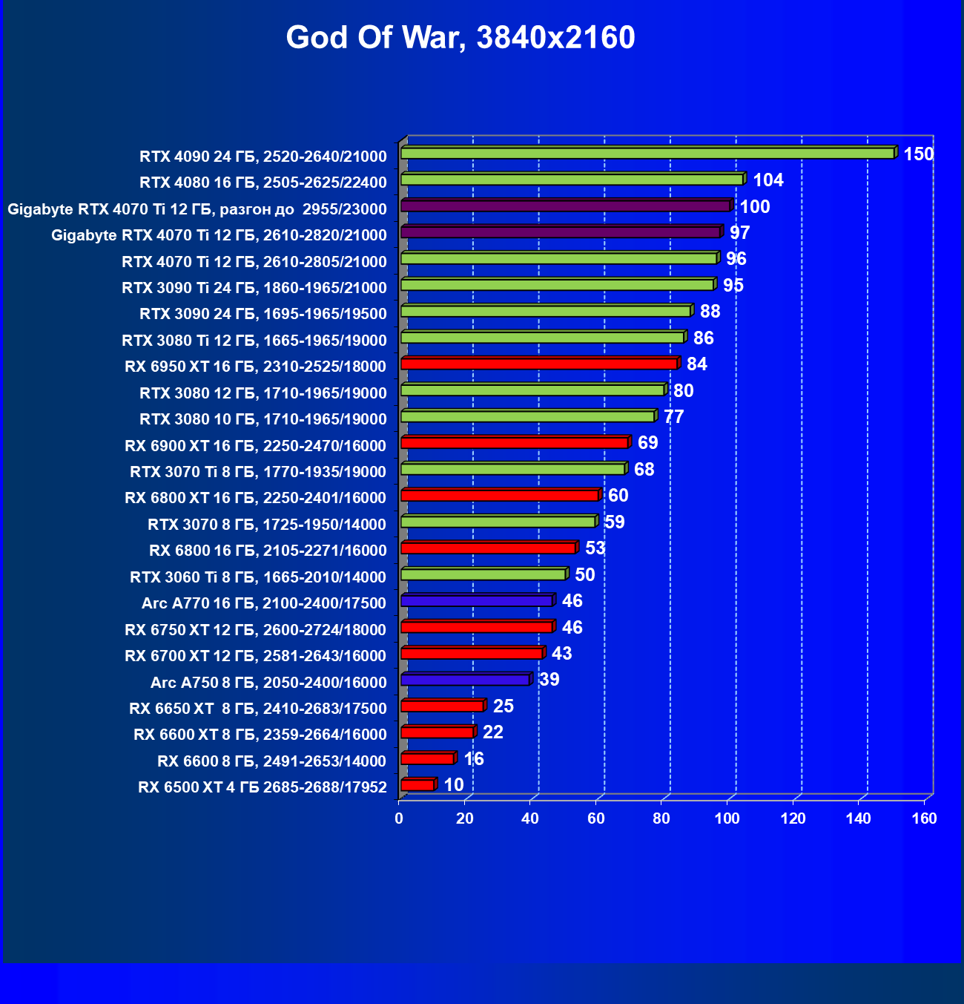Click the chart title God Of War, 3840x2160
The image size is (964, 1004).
(460, 38)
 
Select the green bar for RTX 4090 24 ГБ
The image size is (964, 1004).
(647, 153)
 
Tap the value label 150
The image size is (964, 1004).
(918, 154)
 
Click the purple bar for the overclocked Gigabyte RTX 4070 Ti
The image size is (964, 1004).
(565, 206)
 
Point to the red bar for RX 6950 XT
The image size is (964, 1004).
(539, 364)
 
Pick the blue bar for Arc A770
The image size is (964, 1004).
(477, 600)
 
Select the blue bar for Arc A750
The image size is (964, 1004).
(465, 680)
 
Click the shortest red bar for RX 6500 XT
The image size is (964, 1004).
(417, 785)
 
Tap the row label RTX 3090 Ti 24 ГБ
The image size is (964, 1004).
(254, 288)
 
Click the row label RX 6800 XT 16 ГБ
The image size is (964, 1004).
(256, 498)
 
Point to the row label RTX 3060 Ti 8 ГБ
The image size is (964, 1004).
(258, 577)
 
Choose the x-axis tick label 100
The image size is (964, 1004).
(727, 818)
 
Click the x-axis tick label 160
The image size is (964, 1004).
(925, 818)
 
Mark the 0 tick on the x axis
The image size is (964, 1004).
(399, 818)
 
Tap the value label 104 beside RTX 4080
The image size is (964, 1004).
(768, 180)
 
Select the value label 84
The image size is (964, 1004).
(697, 364)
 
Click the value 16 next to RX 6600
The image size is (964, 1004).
(474, 759)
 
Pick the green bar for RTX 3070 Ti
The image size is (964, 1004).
(512, 469)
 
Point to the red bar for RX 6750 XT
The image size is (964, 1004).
(476, 627)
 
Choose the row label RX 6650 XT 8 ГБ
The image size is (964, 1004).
(258, 709)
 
